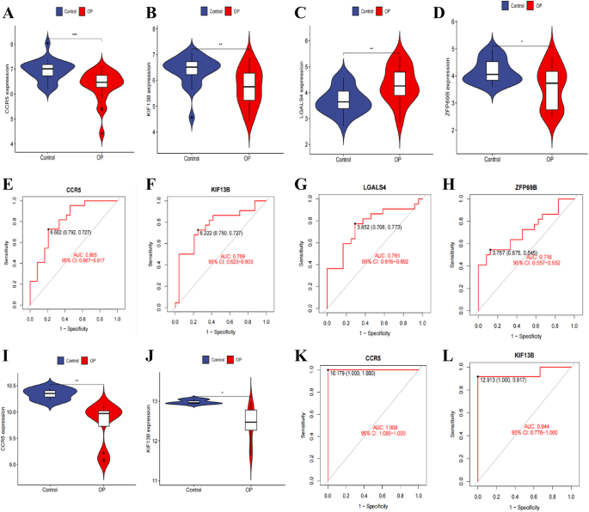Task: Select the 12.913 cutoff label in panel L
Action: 500,377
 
